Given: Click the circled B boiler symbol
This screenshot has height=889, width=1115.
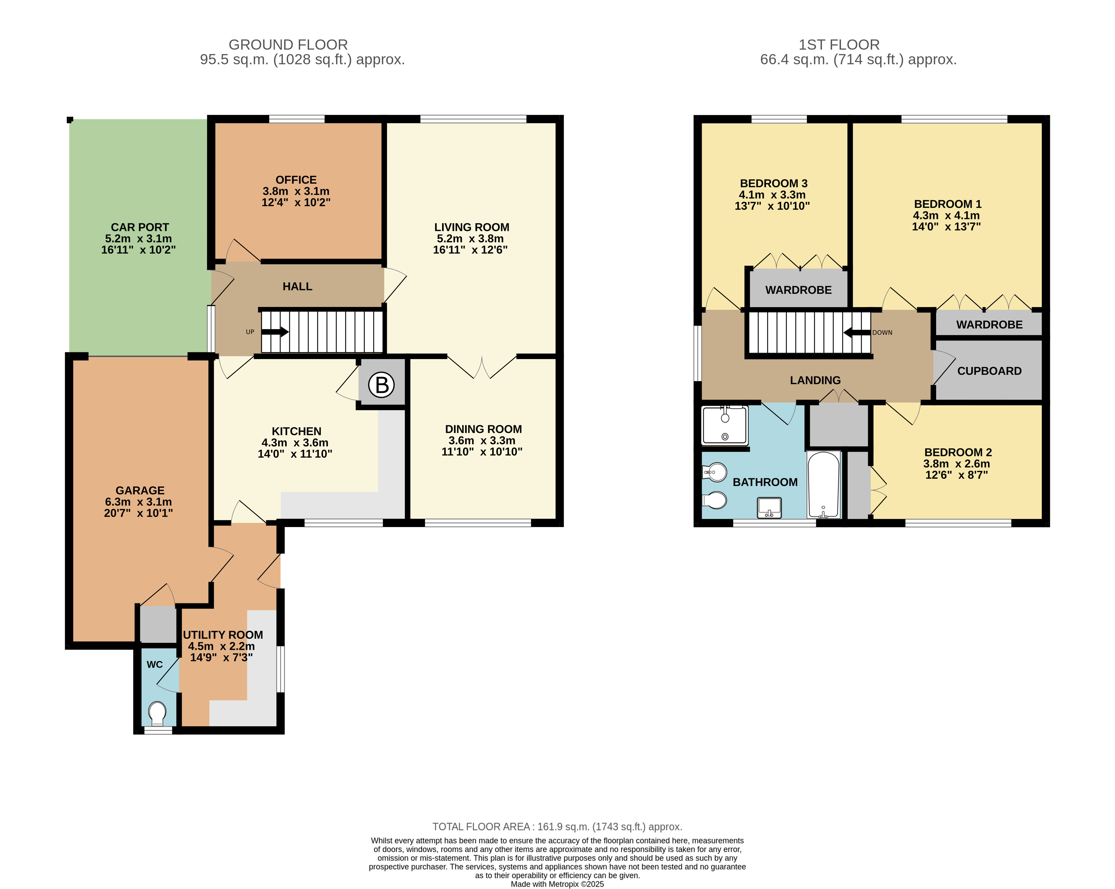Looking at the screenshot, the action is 382,385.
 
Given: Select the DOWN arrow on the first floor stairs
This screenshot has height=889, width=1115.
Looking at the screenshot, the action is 857,332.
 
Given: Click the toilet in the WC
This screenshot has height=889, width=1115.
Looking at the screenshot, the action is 157,712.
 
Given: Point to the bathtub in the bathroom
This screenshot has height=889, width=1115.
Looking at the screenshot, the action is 824,485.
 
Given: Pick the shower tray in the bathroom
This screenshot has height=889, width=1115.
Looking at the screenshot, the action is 725,425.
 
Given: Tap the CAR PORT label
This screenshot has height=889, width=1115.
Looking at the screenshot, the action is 140,227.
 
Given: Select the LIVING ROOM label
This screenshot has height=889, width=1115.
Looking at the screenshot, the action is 471,227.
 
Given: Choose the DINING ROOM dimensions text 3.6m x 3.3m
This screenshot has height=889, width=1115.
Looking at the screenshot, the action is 482,440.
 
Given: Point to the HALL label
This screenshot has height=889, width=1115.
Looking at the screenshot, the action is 297,286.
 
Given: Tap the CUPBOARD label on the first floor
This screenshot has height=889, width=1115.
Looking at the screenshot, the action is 989,371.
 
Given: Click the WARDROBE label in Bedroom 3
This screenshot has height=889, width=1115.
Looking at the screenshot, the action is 799,290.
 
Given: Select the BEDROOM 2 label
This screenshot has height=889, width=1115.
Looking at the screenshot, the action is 958,452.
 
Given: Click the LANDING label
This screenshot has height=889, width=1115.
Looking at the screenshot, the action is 816,380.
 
